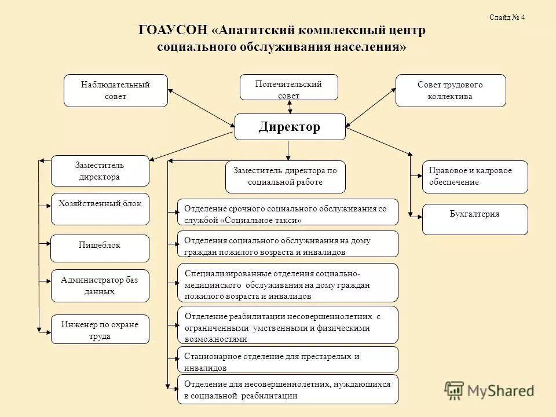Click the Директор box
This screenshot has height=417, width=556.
point(290,127)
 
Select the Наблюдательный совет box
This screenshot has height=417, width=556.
point(115,90)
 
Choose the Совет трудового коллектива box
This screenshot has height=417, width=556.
point(450,90)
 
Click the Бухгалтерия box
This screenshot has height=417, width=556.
point(474,219)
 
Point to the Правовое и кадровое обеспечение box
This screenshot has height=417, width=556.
point(474,177)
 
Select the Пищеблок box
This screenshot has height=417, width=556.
point(100,248)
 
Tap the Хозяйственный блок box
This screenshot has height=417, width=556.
point(100,209)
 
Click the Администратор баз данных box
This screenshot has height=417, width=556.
point(100,286)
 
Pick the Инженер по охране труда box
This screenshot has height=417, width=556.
point(100,329)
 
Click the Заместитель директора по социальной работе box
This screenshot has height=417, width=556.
point(285,177)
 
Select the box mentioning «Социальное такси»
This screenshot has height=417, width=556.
point(287,212)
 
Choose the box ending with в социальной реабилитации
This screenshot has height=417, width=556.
point(287,390)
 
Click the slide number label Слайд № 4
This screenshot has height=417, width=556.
point(507,17)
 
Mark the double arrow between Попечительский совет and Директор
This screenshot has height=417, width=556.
point(290,107)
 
